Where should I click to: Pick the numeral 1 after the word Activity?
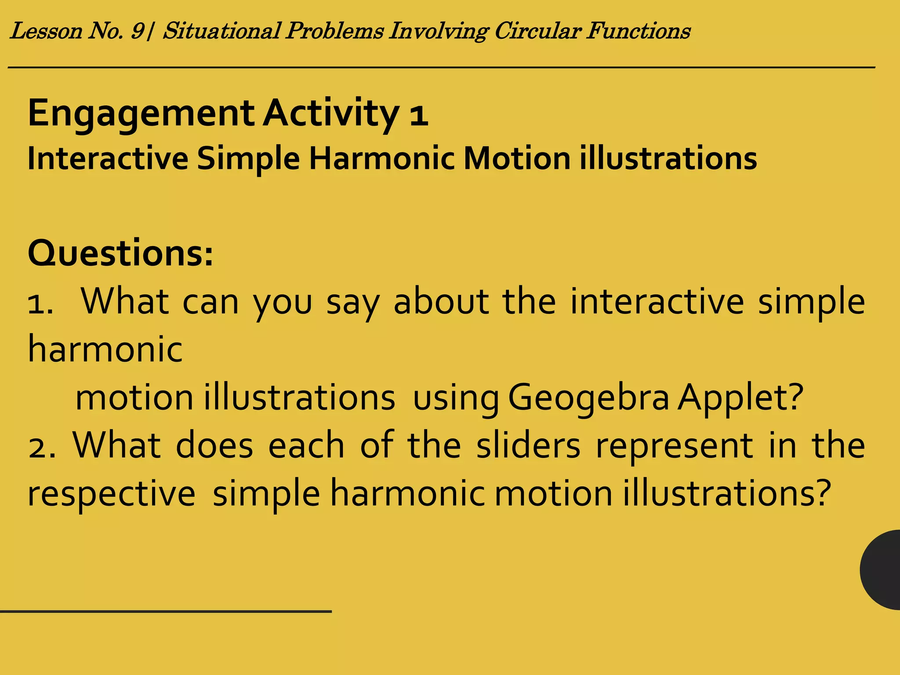[418, 115]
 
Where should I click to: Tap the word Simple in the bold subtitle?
[248, 159]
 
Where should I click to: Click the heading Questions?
[120, 254]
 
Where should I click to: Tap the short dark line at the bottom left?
[166, 611]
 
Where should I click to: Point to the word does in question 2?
[214, 446]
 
